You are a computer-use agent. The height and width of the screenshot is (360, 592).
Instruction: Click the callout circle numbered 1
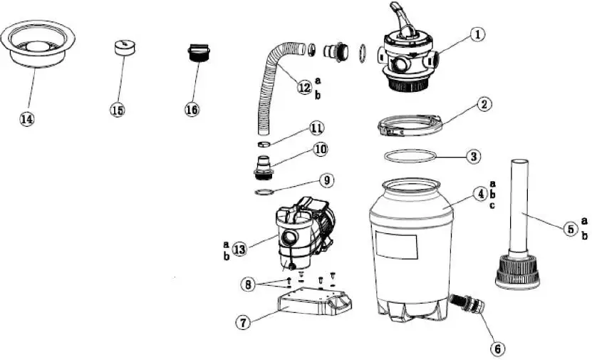[477, 34]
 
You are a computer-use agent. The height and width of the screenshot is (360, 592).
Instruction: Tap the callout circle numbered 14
[27, 120]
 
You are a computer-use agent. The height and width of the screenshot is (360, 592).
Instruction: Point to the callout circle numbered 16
[192, 109]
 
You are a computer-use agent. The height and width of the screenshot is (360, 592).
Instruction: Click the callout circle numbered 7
[244, 322]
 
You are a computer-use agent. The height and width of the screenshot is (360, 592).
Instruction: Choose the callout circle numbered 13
[239, 249]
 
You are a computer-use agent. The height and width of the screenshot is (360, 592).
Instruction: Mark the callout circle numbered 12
[304, 87]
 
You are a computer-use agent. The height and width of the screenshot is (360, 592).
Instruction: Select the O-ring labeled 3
[408, 156]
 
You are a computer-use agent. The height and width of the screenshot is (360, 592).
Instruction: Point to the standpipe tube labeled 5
[519, 207]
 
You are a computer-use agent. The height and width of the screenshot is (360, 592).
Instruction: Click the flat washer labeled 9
[264, 192]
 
